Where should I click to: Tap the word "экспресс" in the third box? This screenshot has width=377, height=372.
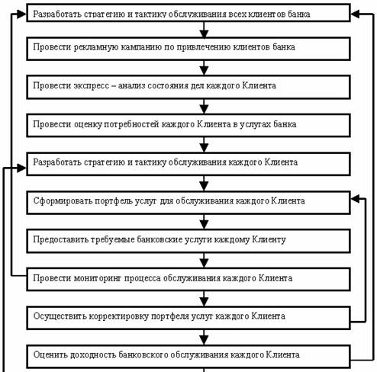tap(92, 85)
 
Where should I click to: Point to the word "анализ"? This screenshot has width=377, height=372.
tap(131, 85)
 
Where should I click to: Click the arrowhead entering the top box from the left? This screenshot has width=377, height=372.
tap(21, 14)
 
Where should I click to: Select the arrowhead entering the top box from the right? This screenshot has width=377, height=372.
tap(355, 14)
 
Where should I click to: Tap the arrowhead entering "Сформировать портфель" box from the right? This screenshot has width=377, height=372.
tap(355, 199)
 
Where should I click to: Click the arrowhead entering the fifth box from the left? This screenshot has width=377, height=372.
tap(21, 168)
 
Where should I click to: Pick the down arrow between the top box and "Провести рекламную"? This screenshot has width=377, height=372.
tap(204, 30)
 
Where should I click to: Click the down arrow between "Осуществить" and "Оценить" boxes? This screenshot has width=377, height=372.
tap(204, 338)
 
